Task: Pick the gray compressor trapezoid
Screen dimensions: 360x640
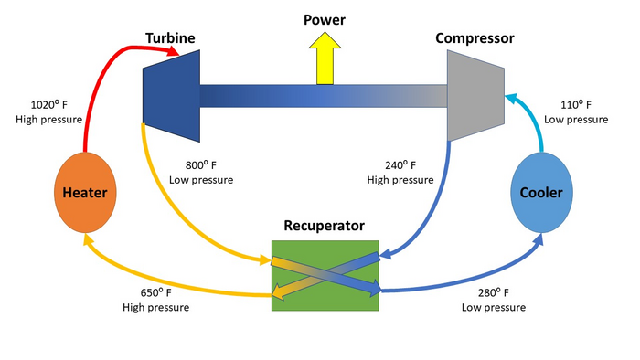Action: [x=475, y=95]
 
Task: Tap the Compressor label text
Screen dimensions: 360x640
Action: [x=475, y=38]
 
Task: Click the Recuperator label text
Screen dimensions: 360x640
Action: [x=325, y=224]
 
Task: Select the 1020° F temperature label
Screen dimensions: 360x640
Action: [x=48, y=105]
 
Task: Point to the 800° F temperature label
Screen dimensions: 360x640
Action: [x=200, y=165]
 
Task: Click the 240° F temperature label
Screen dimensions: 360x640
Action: [x=400, y=165]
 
